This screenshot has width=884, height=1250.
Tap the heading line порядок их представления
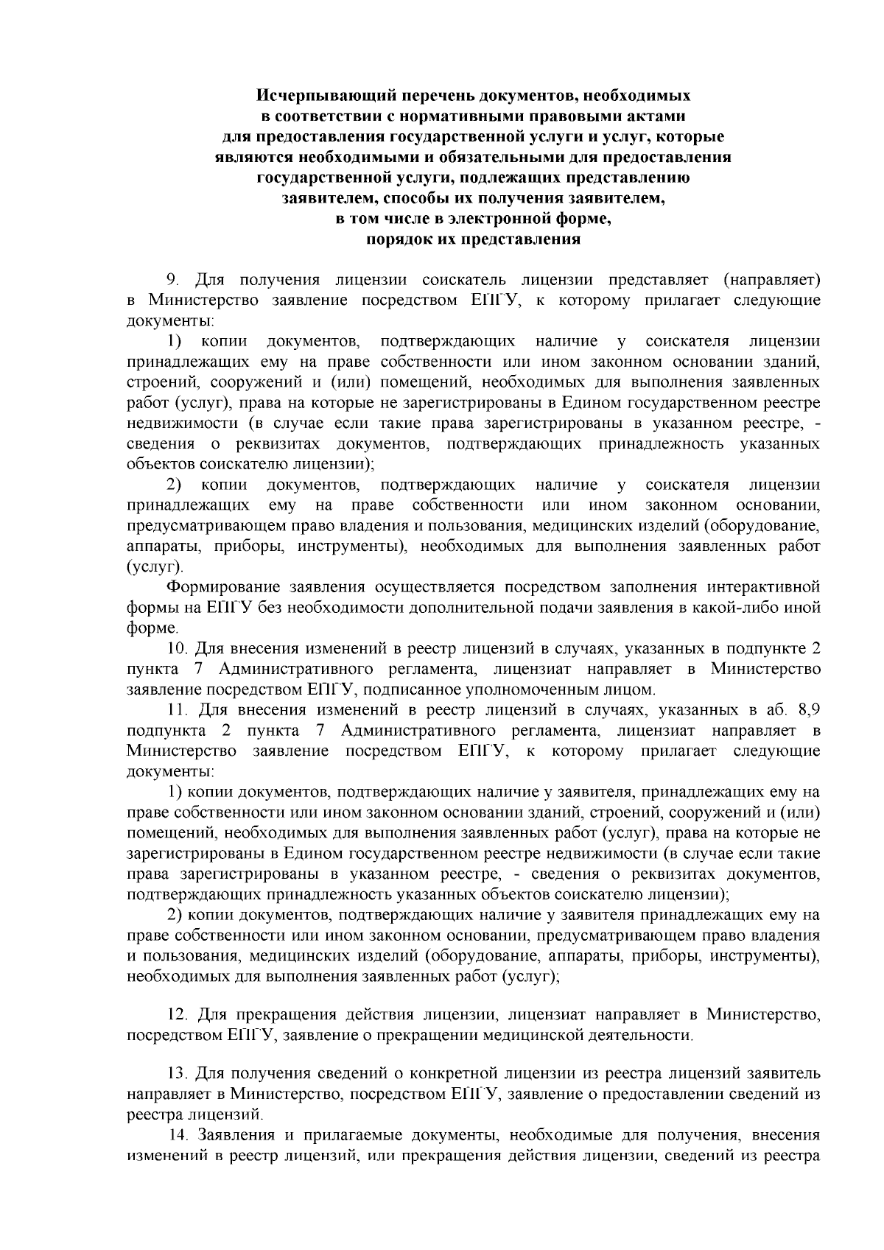[x=473, y=239]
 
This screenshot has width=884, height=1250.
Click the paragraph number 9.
[x=173, y=280]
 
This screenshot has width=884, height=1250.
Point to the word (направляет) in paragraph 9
[x=771, y=280]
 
